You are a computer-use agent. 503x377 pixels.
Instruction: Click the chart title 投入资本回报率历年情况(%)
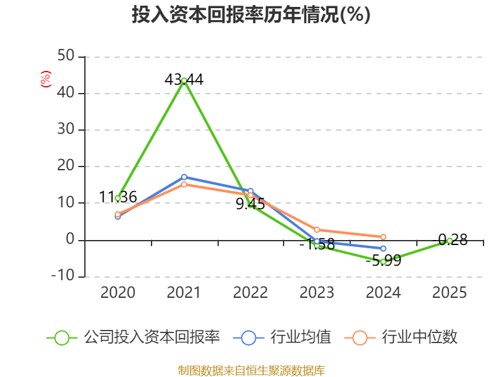click(x=251, y=14)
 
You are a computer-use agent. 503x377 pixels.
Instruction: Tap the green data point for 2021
click(x=184, y=80)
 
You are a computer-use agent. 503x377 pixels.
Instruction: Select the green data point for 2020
click(x=118, y=198)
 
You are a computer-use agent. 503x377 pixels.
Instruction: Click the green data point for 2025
click(x=450, y=241)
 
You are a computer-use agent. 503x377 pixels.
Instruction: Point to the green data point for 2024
click(x=383, y=261)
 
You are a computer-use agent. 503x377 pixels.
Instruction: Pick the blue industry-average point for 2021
click(x=184, y=177)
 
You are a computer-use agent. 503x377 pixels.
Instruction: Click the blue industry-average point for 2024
click(x=383, y=249)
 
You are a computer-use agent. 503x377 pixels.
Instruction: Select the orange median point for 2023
click(x=317, y=230)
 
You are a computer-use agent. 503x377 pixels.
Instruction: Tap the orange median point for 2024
click(x=383, y=237)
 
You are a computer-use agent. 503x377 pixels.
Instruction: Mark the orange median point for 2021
click(x=184, y=185)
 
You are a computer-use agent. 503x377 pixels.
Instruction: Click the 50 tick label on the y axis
click(x=66, y=57)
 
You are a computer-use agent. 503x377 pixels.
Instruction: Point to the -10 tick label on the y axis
click(x=64, y=276)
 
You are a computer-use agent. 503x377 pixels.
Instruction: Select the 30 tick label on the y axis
click(x=66, y=130)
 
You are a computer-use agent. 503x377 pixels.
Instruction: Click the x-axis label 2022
click(x=250, y=293)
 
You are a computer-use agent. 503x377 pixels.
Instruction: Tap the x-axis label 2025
click(x=450, y=293)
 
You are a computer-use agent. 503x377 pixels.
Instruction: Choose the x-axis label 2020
click(x=118, y=293)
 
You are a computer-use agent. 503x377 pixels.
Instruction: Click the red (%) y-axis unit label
click(x=45, y=79)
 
